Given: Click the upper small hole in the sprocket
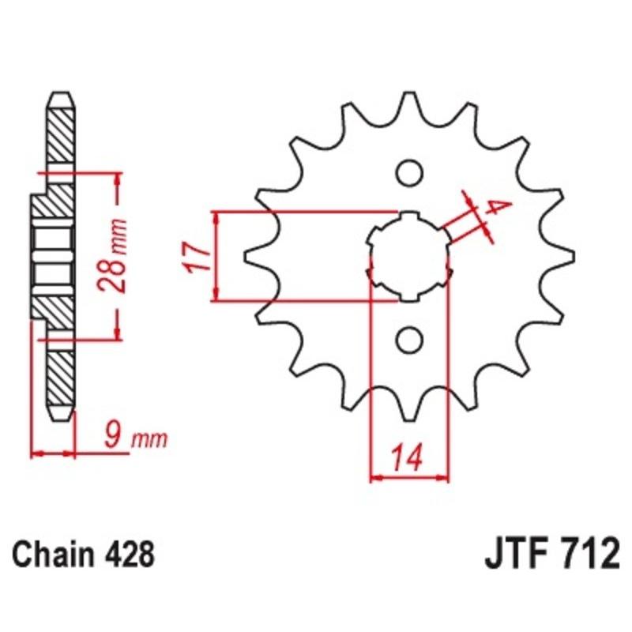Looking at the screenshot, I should tap(409, 171).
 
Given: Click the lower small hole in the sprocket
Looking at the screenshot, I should tap(409, 340).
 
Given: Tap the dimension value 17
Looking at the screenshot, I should tap(197, 257).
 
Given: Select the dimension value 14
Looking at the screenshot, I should tap(406, 457).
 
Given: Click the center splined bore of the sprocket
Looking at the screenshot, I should tap(409, 256).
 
